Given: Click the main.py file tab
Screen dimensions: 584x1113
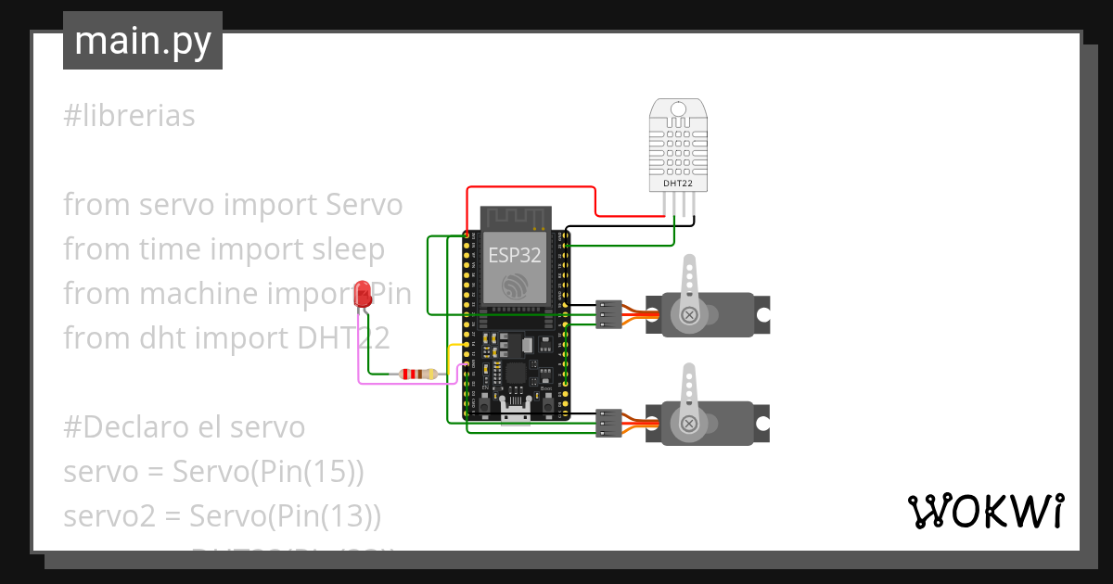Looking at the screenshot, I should tap(142, 41).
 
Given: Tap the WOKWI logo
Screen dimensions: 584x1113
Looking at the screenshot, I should tap(984, 511).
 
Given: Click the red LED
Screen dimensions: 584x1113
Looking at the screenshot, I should tap(364, 295).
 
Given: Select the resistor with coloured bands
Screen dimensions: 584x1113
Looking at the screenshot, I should tap(417, 375).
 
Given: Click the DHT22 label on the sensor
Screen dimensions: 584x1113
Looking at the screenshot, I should tap(677, 184).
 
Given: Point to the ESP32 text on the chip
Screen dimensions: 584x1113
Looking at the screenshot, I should tap(515, 255).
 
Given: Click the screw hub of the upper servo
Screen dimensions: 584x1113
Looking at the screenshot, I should tap(689, 315).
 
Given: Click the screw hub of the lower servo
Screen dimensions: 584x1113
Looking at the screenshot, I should tap(689, 423).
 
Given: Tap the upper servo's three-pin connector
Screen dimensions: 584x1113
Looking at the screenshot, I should tap(609, 315).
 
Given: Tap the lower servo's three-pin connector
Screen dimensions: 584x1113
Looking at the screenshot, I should tap(609, 423).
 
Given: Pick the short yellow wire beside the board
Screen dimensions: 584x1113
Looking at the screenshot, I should tap(452, 352).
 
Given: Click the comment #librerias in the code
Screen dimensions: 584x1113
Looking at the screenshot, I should tap(129, 116).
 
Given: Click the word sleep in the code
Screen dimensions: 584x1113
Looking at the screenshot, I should tap(345, 249).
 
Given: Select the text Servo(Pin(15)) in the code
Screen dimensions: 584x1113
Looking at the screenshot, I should tap(268, 472).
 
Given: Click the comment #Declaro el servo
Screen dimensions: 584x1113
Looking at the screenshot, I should tap(184, 427).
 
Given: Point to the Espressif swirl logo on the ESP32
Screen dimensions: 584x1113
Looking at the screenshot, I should tap(515, 286).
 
